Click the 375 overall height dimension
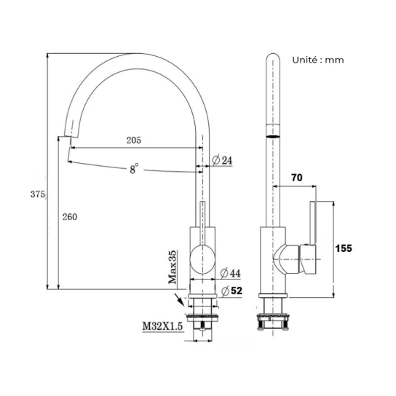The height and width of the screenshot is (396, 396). tap(38, 194)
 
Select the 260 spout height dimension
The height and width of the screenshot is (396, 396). tap(70, 217)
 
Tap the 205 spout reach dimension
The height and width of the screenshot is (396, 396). tap(134, 140)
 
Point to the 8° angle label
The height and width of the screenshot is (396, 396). tap(134, 169)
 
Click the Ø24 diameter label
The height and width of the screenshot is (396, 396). tap(222, 160)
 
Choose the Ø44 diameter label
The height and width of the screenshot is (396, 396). tap(230, 273)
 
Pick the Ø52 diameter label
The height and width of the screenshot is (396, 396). tap(231, 291)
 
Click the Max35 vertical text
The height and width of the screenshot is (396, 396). tap(173, 267)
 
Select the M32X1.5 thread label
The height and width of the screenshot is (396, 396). tap(162, 326)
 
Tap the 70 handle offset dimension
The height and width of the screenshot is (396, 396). tap(297, 178)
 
